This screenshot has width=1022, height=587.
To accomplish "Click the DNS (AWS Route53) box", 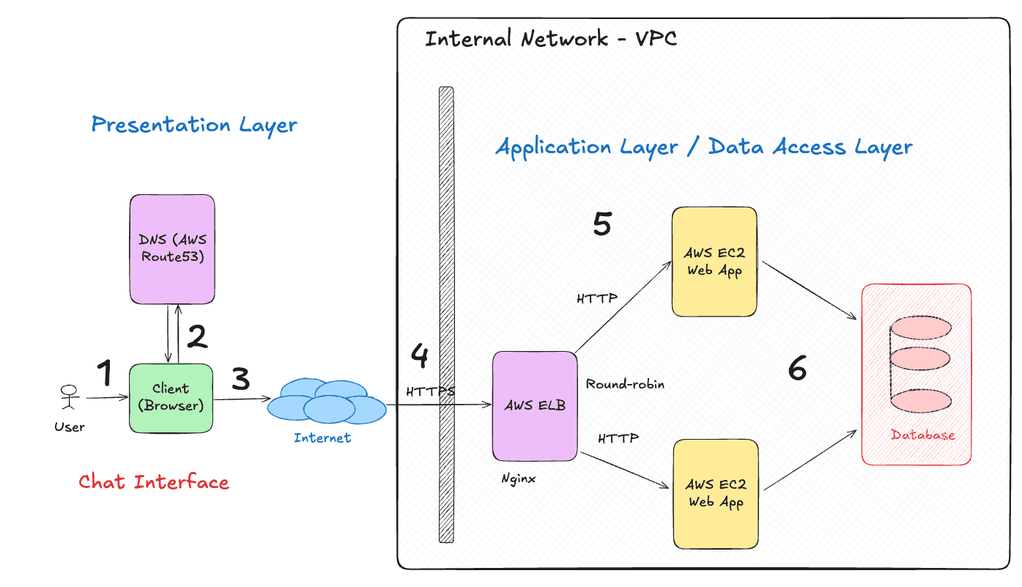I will pos(172,249).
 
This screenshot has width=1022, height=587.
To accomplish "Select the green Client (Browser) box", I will pos(171,397).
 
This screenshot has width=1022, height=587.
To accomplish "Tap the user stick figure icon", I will pos(69,398).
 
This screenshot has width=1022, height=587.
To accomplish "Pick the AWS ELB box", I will pos(534,406).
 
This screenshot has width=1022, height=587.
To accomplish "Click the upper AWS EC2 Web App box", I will pos(714,262).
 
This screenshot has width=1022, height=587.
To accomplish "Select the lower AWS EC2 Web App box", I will pos(714,493).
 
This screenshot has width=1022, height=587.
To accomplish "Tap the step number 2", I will pos(197,336).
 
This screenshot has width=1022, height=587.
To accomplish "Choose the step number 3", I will pos(240,379).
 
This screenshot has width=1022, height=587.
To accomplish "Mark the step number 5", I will pos(602,224).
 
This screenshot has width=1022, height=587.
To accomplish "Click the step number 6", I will pos(797,368).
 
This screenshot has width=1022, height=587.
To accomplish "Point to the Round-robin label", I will pos(625,384).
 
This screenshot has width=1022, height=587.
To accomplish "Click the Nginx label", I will pos(519,479).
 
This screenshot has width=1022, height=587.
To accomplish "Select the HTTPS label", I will pos(431,391).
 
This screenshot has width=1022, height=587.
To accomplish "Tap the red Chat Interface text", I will pos(154,482).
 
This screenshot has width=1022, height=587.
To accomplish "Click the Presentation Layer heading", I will pos(194,125).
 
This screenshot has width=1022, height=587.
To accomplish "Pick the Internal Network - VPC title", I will pos(551,39).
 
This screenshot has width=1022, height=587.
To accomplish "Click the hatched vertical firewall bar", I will pos(446,315).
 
